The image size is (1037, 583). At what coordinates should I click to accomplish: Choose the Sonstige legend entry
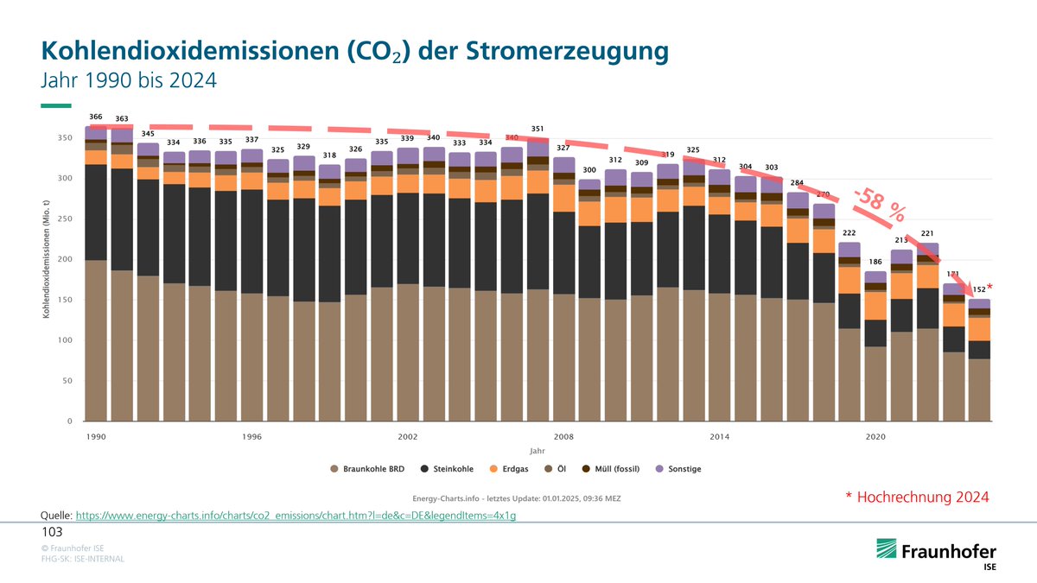tap(678, 468)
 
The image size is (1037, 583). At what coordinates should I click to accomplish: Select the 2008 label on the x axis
tap(563, 437)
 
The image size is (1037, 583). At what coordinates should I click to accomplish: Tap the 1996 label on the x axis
tap(251, 437)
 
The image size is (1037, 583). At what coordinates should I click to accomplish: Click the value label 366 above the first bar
tap(96, 117)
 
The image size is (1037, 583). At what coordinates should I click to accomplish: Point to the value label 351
tap(538, 129)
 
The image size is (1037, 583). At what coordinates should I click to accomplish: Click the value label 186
tap(875, 262)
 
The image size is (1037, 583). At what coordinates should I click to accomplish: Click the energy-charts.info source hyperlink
tap(296, 515)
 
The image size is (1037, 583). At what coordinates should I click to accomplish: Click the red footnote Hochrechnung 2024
tap(917, 497)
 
